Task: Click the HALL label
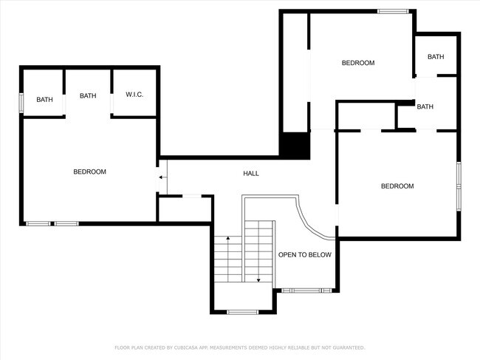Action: point(251,174)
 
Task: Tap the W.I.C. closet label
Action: point(134,95)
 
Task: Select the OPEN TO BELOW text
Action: point(304,255)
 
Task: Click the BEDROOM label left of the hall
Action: point(89,171)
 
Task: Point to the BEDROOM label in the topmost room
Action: point(357,63)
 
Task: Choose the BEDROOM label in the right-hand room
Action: point(397,186)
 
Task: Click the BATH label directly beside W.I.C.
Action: point(88,95)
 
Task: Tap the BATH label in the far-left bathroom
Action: point(45,100)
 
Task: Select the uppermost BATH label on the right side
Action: point(436,57)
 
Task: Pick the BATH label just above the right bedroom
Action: point(425,107)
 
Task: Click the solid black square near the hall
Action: point(295,144)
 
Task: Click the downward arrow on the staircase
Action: point(258,279)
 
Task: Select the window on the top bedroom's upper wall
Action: point(393,11)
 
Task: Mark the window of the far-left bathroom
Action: point(21,102)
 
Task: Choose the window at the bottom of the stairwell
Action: point(242,311)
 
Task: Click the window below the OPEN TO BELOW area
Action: point(305,290)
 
